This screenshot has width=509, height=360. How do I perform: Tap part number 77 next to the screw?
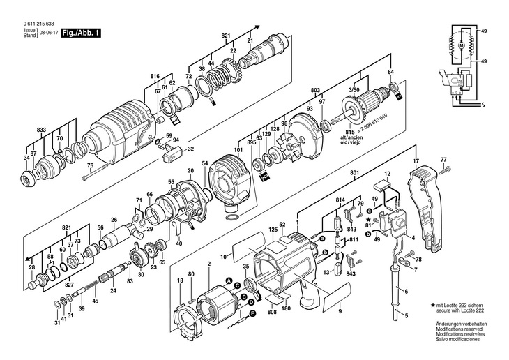click(x=442, y=160)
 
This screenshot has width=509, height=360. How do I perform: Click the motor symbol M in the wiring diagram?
click(x=461, y=44)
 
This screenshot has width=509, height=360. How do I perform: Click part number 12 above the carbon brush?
click(x=388, y=173)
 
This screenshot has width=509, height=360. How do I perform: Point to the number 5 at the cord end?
click(x=405, y=316)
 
